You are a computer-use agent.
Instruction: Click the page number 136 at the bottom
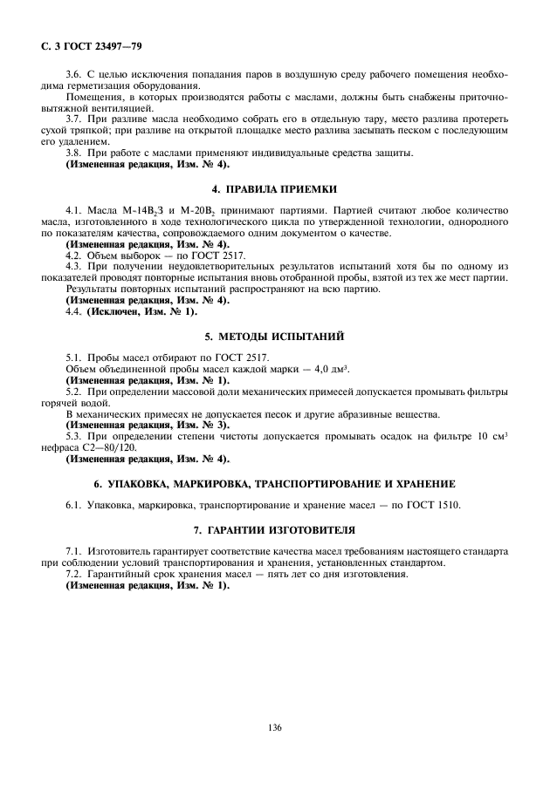click(275, 725)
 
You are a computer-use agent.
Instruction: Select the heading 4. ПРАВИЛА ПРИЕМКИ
click(275, 189)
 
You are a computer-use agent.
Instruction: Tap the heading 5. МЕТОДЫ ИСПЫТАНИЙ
click(275, 335)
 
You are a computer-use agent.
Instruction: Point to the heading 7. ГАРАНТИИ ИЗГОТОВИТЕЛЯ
click(275, 529)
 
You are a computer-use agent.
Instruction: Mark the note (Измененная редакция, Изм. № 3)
click(148, 425)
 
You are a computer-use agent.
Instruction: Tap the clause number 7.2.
click(75, 574)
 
